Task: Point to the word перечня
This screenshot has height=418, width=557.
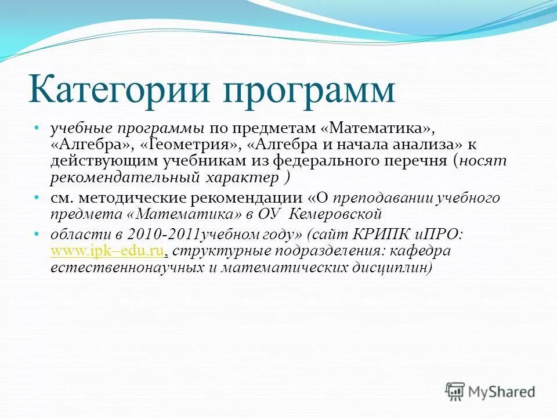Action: (419, 160)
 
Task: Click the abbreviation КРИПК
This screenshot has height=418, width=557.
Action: (379, 235)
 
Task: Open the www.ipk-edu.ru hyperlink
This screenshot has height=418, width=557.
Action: (109, 251)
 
